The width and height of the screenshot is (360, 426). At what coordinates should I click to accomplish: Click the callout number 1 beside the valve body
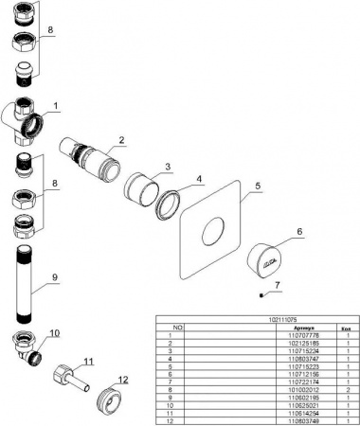point(56,105)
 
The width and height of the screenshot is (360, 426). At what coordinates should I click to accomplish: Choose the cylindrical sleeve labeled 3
point(141,186)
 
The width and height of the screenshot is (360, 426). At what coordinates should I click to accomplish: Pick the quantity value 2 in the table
point(348,387)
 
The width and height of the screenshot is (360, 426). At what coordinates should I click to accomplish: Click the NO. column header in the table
point(168,328)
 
